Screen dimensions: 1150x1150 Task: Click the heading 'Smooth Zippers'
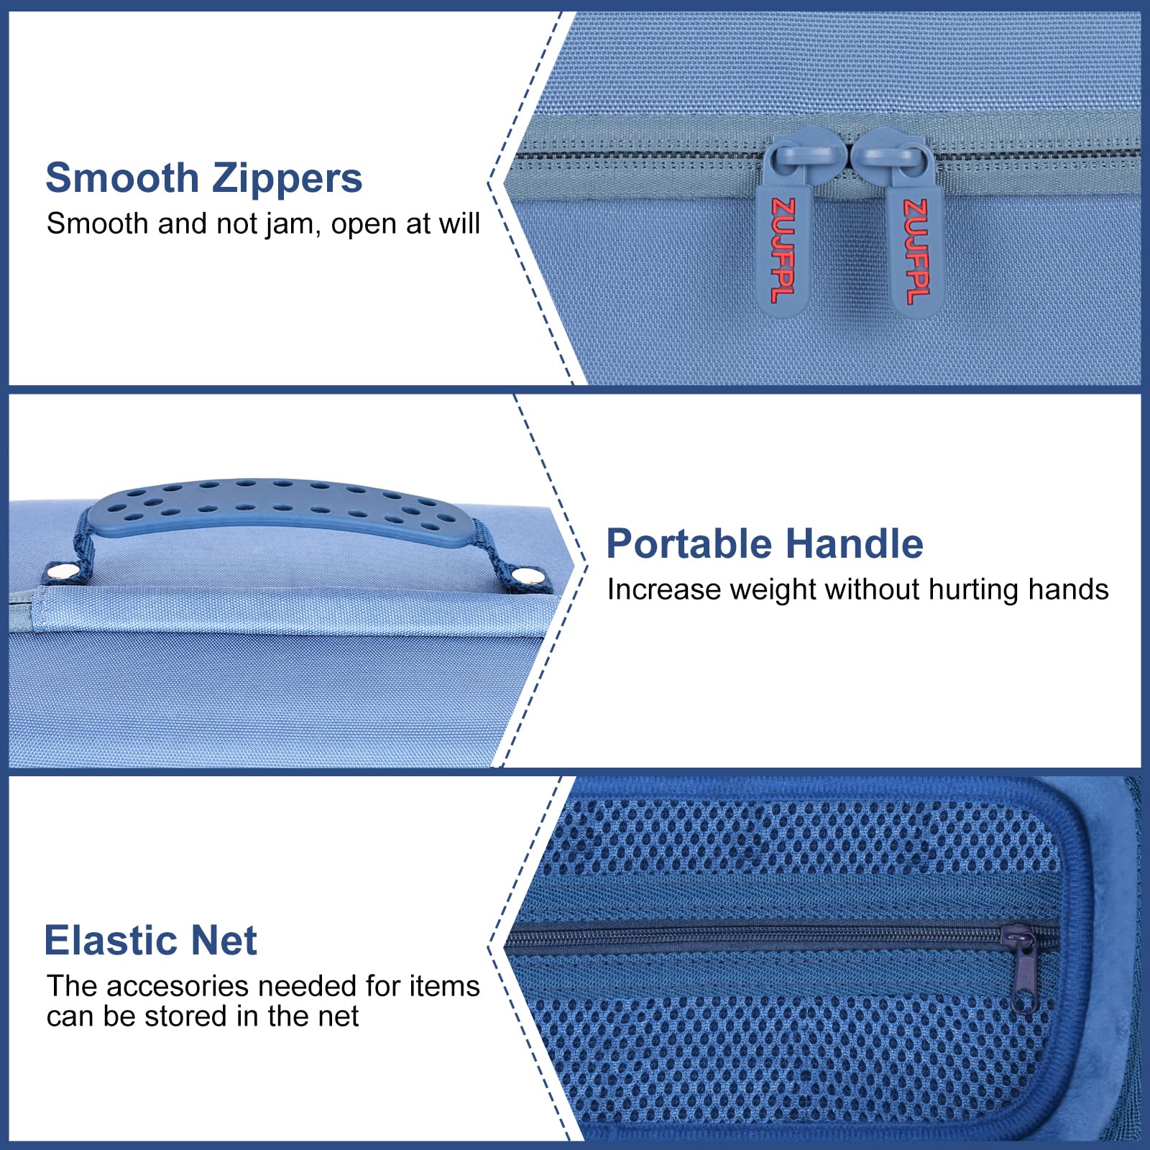pos(203,178)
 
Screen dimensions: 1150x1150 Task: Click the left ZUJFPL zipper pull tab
pos(782,248)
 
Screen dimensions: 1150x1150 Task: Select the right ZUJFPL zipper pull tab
pos(915,248)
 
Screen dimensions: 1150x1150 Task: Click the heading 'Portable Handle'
pos(764,543)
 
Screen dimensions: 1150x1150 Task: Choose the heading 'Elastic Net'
pos(150,940)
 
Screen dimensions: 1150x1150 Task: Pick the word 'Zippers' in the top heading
pos(287,178)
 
